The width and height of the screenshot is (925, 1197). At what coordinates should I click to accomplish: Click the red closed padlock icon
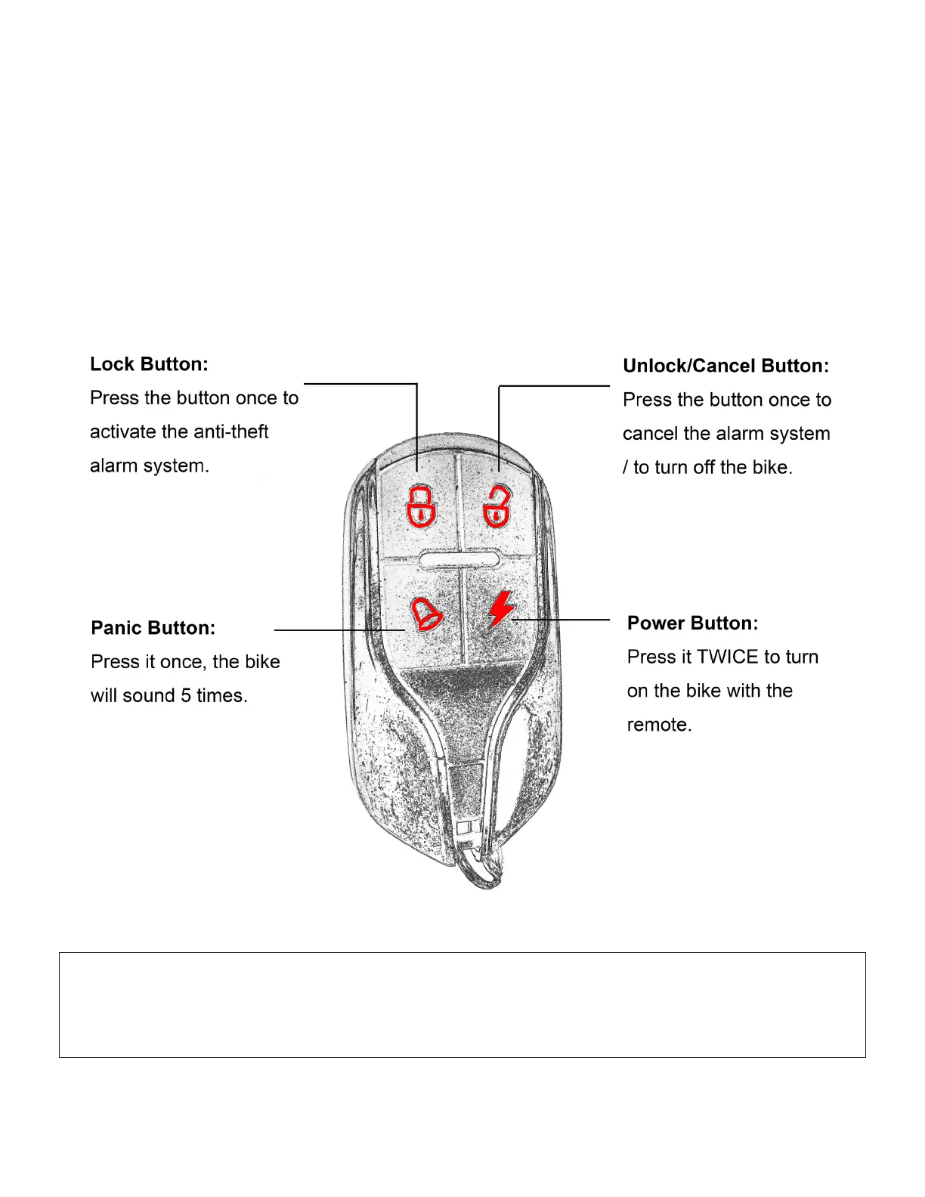(x=422, y=506)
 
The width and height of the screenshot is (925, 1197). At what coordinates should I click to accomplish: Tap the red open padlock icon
(x=497, y=506)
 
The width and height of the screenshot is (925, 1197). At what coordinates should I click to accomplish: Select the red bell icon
(x=426, y=614)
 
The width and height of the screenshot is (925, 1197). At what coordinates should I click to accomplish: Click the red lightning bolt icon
(x=500, y=609)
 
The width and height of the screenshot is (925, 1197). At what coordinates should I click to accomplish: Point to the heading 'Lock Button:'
(x=149, y=364)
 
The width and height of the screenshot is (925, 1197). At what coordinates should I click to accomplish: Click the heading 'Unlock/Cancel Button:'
(x=725, y=366)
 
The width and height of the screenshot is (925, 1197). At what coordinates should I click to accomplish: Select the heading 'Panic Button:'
(x=153, y=628)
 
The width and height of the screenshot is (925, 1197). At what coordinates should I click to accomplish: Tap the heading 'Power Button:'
(x=692, y=623)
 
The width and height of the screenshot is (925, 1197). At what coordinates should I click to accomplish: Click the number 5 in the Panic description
(x=186, y=695)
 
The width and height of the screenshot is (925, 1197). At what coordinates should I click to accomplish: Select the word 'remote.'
(x=659, y=725)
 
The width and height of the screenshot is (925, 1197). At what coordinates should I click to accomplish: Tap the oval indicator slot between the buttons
(x=459, y=559)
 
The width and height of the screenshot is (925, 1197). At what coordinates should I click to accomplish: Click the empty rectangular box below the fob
(x=462, y=1004)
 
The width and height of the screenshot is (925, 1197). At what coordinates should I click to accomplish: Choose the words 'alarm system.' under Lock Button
(x=149, y=466)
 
